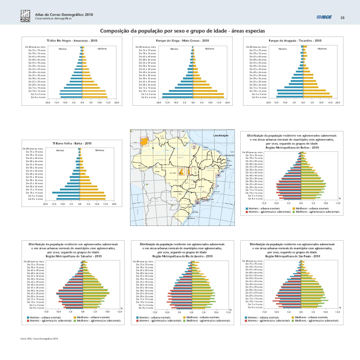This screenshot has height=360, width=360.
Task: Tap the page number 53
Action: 342,18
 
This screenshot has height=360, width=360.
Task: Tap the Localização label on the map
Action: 220,135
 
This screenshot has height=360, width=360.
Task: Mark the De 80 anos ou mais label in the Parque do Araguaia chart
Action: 256,47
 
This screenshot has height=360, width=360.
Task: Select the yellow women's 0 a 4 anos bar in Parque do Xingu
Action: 208,97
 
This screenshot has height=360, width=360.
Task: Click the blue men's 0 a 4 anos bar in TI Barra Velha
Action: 66,199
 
